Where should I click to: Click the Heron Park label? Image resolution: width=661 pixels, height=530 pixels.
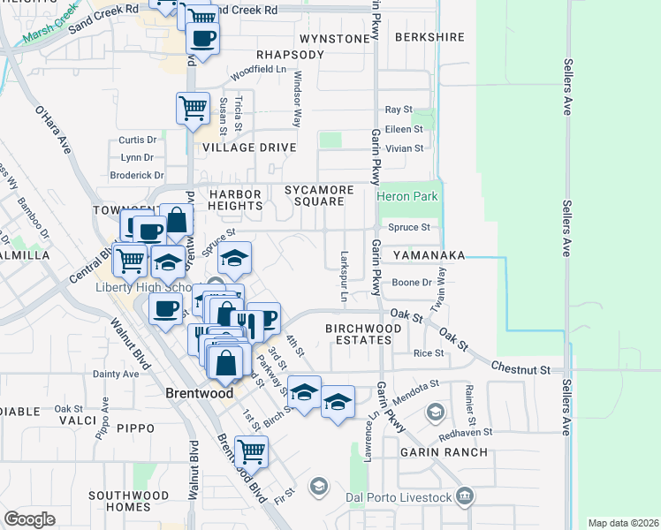pos(407,197)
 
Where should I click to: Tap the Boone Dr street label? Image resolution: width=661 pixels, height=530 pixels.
pos(411,283)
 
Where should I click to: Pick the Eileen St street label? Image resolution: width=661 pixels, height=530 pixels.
pos(404,129)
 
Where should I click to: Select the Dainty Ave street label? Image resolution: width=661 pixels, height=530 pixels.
pos(117,374)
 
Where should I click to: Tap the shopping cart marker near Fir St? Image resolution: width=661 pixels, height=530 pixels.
pos(252,450)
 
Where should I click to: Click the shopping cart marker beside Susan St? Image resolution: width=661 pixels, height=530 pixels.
pos(193,108)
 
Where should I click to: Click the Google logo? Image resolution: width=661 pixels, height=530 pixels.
pos(29,519)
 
